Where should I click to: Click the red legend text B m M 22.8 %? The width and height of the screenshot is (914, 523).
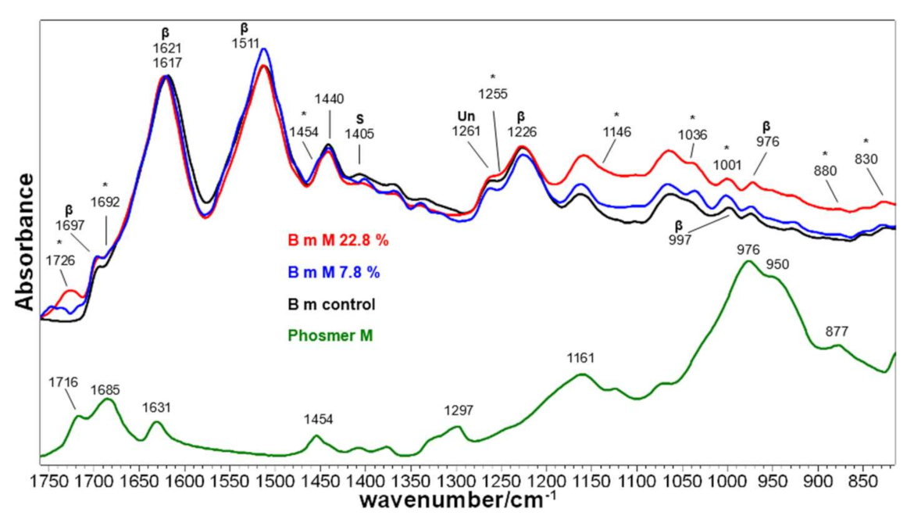click(x=337, y=242)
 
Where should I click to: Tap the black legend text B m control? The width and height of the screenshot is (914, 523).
click(x=331, y=303)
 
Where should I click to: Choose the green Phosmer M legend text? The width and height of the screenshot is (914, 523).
click(x=330, y=335)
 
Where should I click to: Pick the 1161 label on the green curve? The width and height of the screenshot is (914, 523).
click(x=580, y=359)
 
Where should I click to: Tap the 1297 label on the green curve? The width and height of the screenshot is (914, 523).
click(x=458, y=410)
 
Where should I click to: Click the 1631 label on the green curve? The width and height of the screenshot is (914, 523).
click(x=157, y=407)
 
